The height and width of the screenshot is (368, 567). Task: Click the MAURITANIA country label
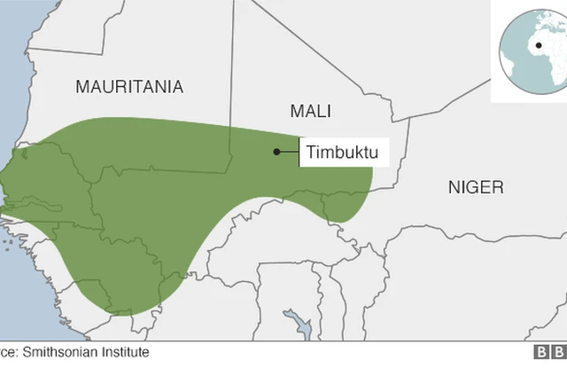(x=129, y=87)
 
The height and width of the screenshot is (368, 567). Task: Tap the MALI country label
(x=310, y=111)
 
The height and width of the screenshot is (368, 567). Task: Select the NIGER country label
(x=475, y=187)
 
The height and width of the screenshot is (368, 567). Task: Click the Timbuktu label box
(x=342, y=153)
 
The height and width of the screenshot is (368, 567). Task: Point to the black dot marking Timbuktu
(x=276, y=153)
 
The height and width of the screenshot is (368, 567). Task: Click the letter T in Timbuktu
(x=311, y=153)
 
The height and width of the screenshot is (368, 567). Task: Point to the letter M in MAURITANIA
(x=83, y=87)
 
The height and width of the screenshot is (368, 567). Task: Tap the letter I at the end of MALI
(x=329, y=111)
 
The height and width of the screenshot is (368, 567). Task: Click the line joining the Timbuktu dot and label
(x=288, y=153)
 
